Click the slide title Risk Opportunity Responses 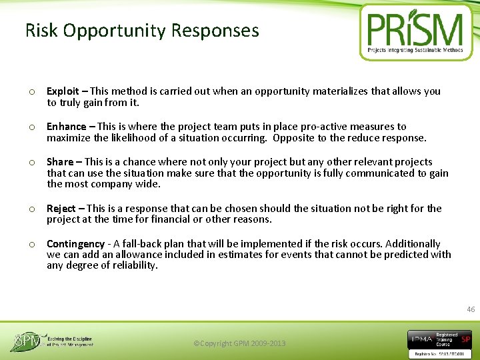[x=142, y=31]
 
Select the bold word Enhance [x=66, y=127]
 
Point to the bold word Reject [x=61, y=209]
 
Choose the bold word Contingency [x=75, y=244]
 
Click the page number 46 [x=471, y=309]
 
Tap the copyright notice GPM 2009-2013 [x=239, y=343]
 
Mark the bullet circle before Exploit [x=31, y=92]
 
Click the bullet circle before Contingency [x=31, y=245]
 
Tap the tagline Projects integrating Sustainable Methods [x=415, y=50]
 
